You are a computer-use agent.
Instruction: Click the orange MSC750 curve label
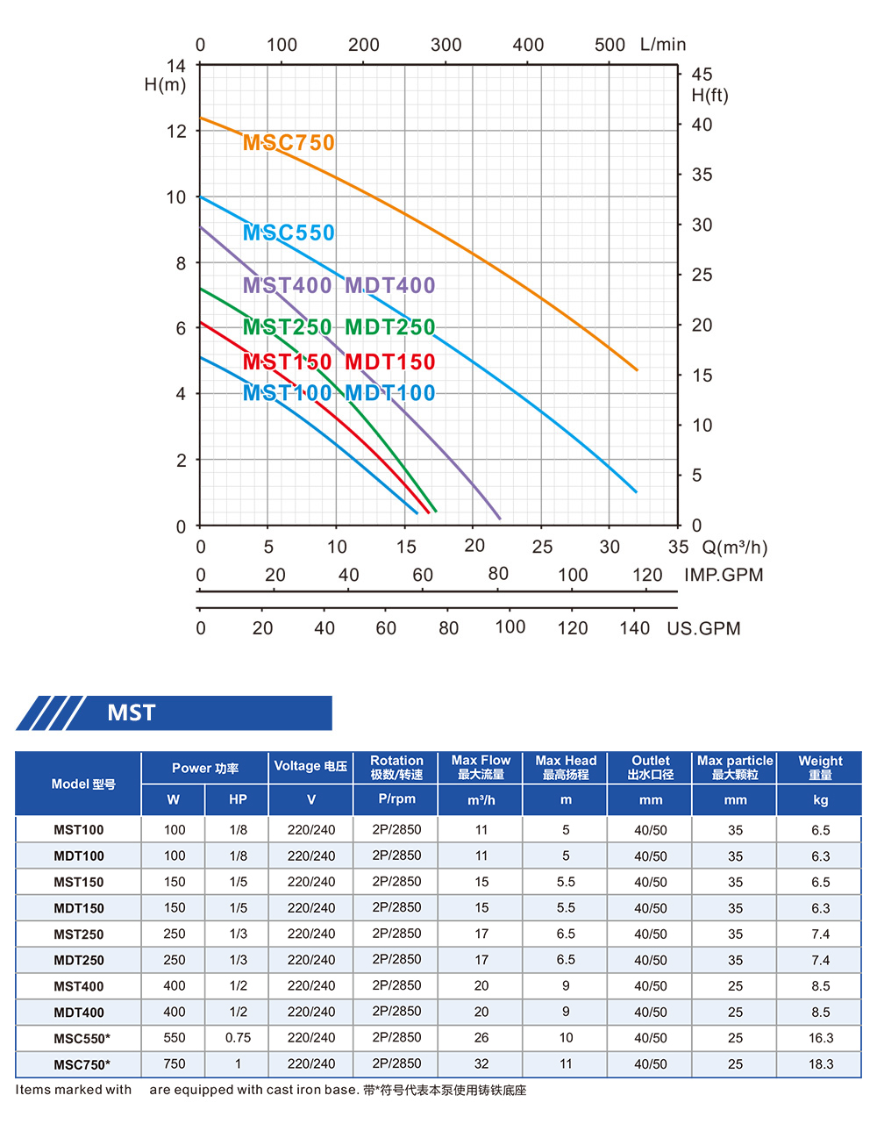coord(289,142)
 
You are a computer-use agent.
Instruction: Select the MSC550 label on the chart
coord(289,233)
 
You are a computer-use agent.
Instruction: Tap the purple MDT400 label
coord(390,285)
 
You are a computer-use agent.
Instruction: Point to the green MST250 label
coord(288,327)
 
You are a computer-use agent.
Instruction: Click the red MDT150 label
coord(390,362)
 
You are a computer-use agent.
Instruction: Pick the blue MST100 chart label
coord(288,393)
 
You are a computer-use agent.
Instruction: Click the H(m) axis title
coord(166,85)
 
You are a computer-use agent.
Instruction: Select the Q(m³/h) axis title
coord(735,548)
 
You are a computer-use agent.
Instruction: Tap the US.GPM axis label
coord(703,628)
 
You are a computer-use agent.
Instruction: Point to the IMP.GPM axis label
coord(724,575)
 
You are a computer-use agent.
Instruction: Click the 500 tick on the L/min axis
coord(610,45)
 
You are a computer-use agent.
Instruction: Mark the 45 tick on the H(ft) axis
coord(702,75)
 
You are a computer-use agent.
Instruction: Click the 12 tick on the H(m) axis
coord(177,132)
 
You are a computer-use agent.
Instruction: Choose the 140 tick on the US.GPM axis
coord(634,628)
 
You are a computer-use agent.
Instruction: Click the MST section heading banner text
coord(132,712)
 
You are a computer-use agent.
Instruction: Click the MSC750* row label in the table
coord(82,1064)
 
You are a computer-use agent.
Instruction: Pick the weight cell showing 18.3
coord(821,1064)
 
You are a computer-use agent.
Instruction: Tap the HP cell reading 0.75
coord(238,1038)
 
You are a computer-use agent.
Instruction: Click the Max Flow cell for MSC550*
coord(481,1038)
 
